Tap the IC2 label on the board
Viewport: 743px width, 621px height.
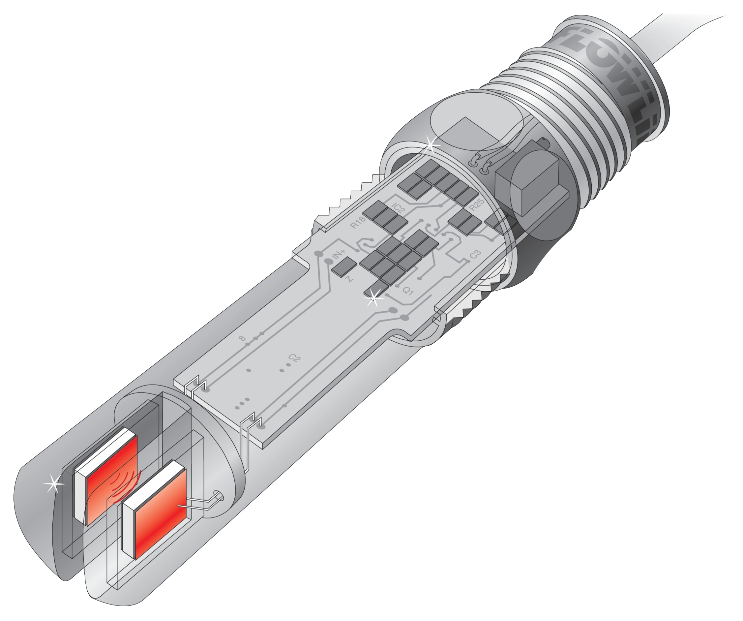coord(399,208)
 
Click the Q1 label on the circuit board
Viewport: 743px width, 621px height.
coord(408,291)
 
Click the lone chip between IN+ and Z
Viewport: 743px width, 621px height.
coord(344,266)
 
